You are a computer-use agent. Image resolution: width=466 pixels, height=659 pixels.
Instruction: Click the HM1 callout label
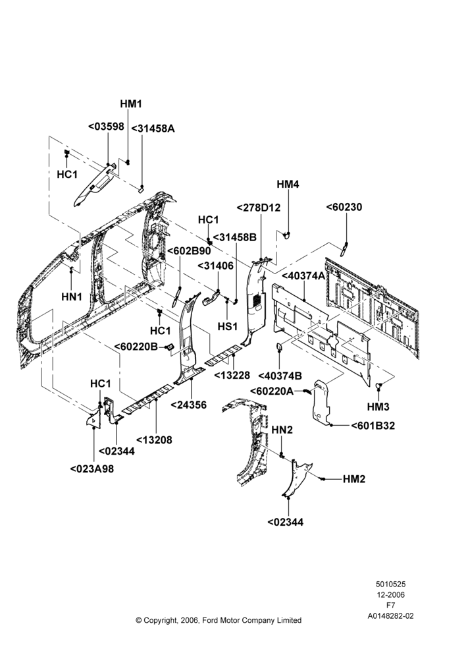(x=131, y=104)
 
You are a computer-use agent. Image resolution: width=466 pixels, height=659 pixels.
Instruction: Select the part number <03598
(x=106, y=126)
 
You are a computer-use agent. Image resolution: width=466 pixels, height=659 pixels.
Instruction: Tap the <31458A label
(x=153, y=129)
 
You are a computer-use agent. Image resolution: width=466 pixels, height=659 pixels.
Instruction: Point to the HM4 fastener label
(x=288, y=184)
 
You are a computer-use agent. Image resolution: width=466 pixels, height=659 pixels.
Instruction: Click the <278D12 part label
(x=259, y=208)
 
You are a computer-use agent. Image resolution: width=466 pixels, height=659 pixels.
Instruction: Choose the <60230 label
(x=344, y=207)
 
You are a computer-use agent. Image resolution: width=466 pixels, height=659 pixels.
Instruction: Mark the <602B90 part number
(x=189, y=251)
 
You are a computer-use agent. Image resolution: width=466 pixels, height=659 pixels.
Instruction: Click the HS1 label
(x=228, y=326)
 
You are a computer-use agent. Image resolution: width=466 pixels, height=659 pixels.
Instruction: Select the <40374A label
(x=303, y=275)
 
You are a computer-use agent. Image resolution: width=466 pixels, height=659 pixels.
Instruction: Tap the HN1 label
(x=72, y=297)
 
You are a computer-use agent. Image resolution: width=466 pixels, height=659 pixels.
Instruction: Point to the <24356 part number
(x=188, y=405)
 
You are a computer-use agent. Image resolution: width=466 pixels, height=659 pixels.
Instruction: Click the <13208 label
(x=153, y=440)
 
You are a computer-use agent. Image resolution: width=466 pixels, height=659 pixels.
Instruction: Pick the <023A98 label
(x=92, y=469)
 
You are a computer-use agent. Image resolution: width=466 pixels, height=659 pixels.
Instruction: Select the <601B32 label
(x=373, y=426)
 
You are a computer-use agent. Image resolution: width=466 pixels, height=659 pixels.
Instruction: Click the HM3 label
(x=378, y=407)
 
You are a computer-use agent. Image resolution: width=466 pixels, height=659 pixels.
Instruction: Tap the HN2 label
(x=282, y=430)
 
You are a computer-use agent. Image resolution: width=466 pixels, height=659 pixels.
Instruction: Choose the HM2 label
(x=354, y=479)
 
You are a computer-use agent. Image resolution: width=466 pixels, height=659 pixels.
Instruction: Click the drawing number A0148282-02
(x=390, y=616)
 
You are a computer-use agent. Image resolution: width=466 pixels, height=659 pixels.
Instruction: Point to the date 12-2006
(x=390, y=594)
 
